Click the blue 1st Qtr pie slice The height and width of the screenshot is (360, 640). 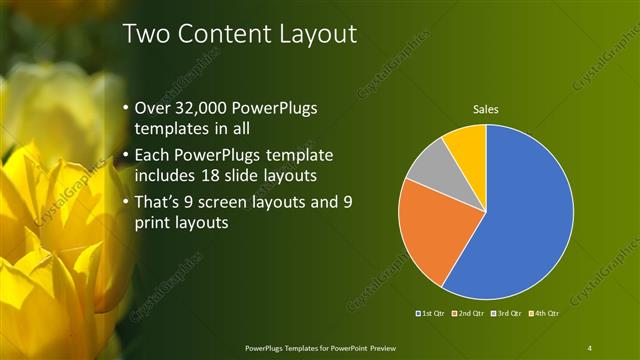tap(530, 215)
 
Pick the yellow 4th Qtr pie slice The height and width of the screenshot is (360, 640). tap(467, 143)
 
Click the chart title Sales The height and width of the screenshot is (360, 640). tap(486, 109)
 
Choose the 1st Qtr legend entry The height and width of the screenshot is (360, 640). tap(433, 314)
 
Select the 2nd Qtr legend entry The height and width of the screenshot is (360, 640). tap(470, 314)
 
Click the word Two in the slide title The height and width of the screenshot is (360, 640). tap(146, 34)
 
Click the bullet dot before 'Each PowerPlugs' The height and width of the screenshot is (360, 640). tap(124, 156)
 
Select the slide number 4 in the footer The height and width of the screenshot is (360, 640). tap(590, 347)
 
